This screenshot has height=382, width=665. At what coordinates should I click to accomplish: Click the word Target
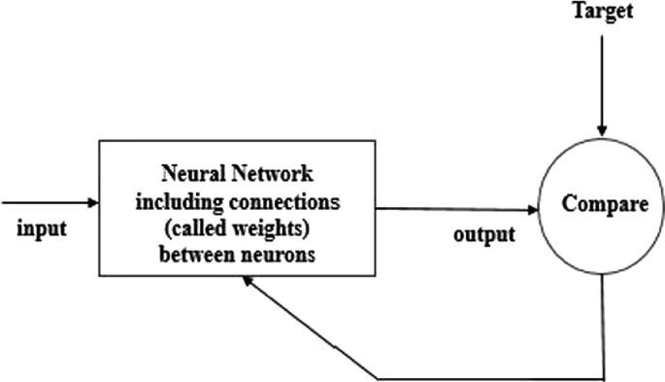coord(603,12)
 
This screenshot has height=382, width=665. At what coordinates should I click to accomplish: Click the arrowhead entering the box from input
coord(92,203)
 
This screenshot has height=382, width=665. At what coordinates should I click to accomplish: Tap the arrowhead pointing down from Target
coord(603,130)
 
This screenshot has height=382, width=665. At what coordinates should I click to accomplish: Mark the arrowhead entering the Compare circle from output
coord(533,209)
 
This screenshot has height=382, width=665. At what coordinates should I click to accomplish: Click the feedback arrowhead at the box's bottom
coord(249,279)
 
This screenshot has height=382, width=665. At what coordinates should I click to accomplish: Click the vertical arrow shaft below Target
coord(603,78)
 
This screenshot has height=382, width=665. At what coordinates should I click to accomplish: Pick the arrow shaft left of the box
coord(44,203)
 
